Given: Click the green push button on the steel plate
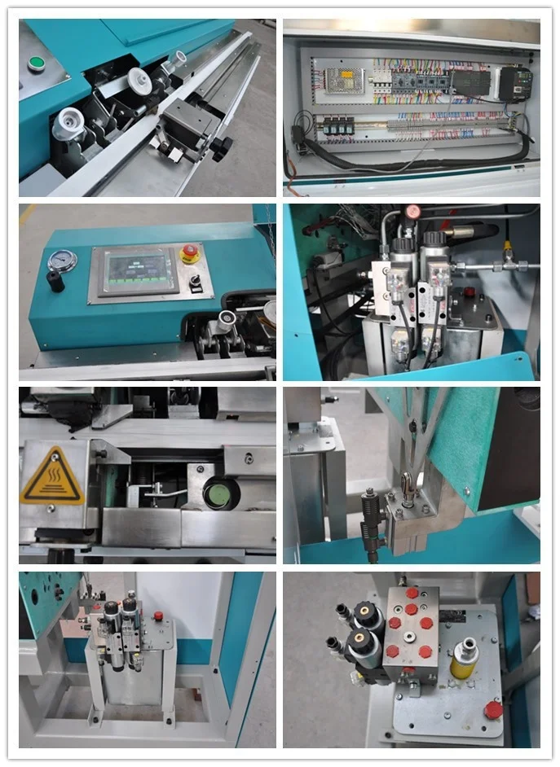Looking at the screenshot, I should [x=35, y=63].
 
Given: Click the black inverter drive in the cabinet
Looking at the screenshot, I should [x=515, y=82].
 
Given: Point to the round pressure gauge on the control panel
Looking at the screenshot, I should [x=62, y=260].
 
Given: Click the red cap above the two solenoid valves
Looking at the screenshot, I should [x=413, y=212].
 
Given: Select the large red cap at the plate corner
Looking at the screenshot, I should [x=493, y=710].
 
